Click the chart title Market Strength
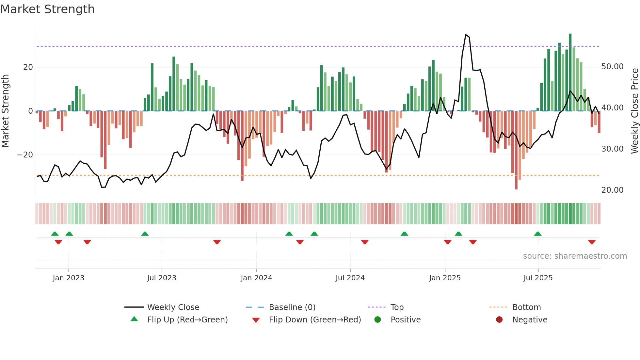47,9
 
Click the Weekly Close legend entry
173,307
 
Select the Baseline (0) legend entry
292,307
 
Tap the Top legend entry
397,307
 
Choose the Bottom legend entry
526,307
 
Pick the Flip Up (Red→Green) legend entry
187,319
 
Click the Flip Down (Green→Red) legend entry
315,319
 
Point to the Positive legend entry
405,319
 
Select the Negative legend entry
530,319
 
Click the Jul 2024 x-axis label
350,278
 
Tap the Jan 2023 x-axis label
69,278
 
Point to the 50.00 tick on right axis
612,67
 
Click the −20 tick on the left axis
25,155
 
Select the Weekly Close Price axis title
634,110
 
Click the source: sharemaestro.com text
575,256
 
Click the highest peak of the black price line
466,35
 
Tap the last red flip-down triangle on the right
592,242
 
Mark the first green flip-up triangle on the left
55,234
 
